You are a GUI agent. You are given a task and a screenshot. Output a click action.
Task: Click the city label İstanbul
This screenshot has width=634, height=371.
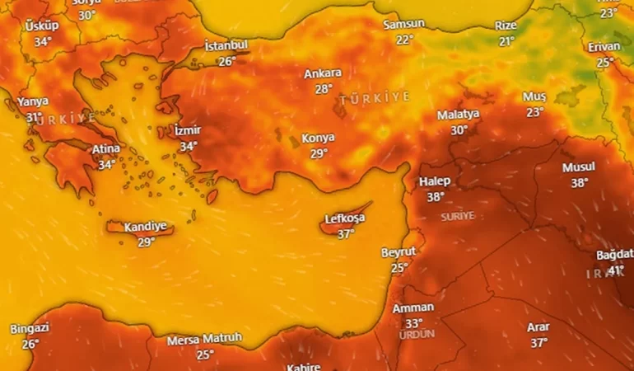pyautogui.click(x=226, y=45)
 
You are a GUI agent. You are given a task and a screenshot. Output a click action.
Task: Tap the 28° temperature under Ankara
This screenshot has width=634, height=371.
pyautogui.click(x=323, y=89)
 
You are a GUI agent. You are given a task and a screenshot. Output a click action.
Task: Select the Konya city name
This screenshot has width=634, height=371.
pyautogui.click(x=318, y=138)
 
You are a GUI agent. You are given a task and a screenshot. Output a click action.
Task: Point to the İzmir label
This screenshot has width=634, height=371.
pyautogui.click(x=188, y=130)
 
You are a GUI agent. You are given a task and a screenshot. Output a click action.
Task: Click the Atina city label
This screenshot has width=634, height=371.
pyautogui.click(x=106, y=149)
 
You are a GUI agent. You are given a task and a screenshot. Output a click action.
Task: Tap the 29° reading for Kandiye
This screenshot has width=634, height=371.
pyautogui.click(x=146, y=242)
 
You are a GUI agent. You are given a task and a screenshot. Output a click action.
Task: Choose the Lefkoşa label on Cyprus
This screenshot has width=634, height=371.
pyautogui.click(x=345, y=219)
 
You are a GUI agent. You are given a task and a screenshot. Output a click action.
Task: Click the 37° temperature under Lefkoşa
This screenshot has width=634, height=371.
pyautogui.click(x=345, y=234)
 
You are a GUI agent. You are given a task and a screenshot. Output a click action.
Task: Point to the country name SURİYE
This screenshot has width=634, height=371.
pyautogui.click(x=458, y=216)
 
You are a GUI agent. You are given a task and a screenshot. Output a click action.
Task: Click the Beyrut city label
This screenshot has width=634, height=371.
pyautogui.click(x=399, y=251)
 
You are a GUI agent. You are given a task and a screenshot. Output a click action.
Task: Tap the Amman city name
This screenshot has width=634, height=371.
pyautogui.click(x=413, y=308)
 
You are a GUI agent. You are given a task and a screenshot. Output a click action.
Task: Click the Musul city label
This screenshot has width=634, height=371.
pyautogui.click(x=579, y=167)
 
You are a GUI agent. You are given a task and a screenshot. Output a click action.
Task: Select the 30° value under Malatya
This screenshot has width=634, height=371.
pyautogui.click(x=459, y=129)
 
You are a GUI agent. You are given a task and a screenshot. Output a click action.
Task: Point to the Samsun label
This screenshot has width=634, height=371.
pyautogui.click(x=404, y=25)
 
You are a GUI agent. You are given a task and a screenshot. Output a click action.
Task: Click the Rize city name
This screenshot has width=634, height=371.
pyautogui.click(x=506, y=26)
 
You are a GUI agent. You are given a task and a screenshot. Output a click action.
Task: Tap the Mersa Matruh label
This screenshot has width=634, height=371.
pyautogui.click(x=204, y=339)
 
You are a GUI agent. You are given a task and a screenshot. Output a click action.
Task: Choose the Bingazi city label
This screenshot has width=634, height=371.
pyautogui.click(x=30, y=329)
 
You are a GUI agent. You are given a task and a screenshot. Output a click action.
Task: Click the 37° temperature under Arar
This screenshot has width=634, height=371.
pyautogui.click(x=538, y=342)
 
